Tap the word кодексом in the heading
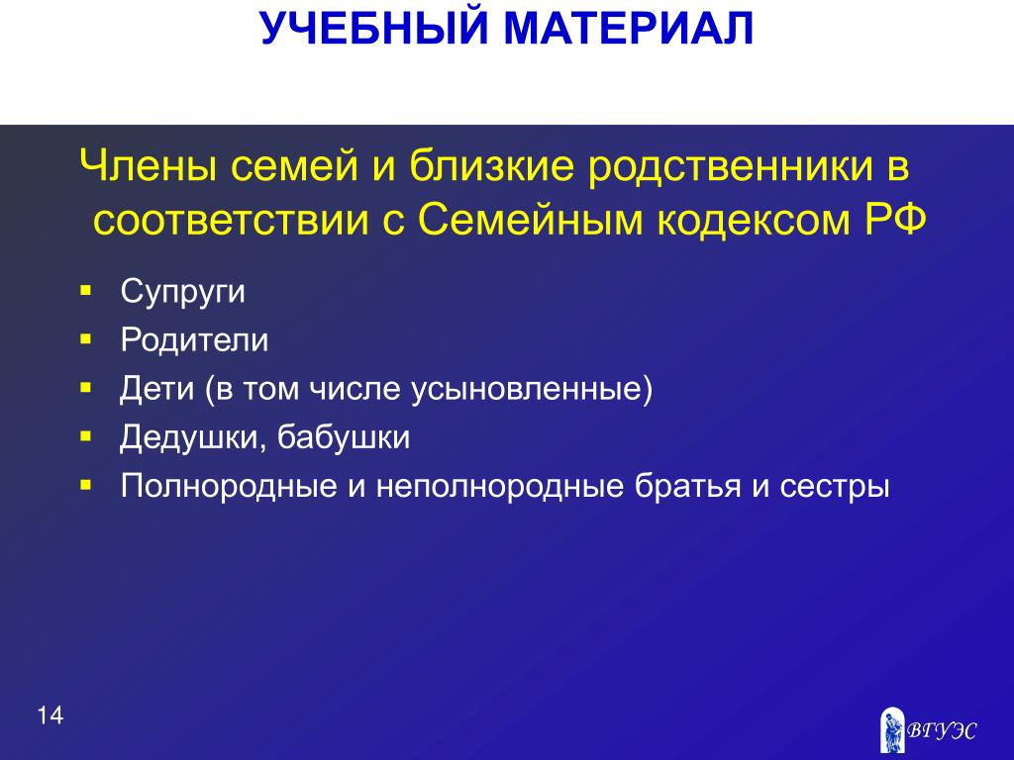coord(754,221)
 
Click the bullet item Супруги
coord(183,292)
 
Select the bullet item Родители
coord(194,340)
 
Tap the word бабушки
coord(344,437)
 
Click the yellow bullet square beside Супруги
coord(86,290)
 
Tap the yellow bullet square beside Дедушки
coord(86,436)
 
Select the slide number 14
coord(50,716)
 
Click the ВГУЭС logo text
coord(941,731)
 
